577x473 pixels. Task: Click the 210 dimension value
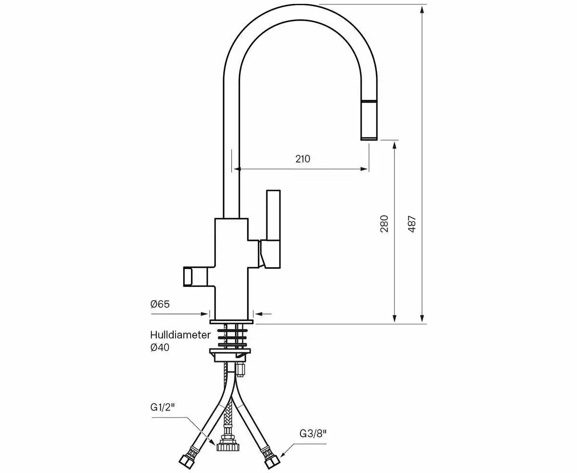click(302, 159)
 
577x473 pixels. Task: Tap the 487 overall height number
click(412, 224)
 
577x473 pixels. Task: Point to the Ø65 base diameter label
click(160, 304)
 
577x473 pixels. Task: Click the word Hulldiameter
click(180, 335)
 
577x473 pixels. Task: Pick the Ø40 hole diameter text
click(160, 347)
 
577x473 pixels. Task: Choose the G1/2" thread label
click(162, 407)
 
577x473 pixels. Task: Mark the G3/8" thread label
click(313, 433)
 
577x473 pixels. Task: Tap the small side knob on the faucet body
click(188, 277)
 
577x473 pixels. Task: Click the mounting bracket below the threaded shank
click(229, 354)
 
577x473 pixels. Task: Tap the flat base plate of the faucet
click(231, 320)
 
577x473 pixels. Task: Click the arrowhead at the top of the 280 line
click(395, 145)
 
